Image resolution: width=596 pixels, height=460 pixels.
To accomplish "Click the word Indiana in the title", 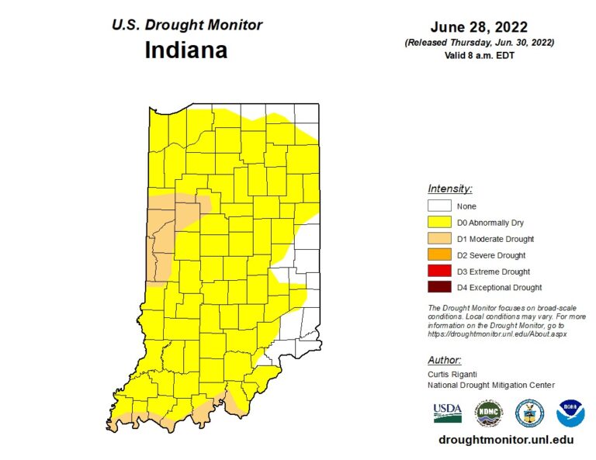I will [186, 50].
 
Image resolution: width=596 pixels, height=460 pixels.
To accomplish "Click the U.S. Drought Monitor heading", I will [187, 25].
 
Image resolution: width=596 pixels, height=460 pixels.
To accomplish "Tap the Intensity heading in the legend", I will [449, 188].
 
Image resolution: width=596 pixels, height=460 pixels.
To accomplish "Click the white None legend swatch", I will [439, 206].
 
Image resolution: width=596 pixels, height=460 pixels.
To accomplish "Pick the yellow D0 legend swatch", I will [439, 223].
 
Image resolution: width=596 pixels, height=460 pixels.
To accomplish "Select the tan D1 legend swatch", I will [439, 239].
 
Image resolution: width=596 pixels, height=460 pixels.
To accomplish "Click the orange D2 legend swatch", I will [439, 255].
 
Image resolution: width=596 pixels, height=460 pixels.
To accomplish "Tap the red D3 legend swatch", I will [439, 272].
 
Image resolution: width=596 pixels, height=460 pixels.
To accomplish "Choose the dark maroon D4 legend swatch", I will [439, 288].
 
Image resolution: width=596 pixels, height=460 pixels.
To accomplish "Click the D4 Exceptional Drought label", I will [499, 288].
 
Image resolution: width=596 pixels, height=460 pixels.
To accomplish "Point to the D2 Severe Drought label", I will [491, 255].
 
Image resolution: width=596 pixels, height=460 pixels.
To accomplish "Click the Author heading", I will [445, 360].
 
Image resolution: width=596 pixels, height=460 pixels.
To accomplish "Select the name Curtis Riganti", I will [453, 374].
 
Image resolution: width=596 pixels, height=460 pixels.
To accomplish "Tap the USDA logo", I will [448, 412].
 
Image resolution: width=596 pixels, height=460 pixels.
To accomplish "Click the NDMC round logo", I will [488, 413].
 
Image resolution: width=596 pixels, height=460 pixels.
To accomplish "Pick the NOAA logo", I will [570, 413].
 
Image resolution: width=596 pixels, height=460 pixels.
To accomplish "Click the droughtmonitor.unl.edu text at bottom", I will [506, 439].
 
